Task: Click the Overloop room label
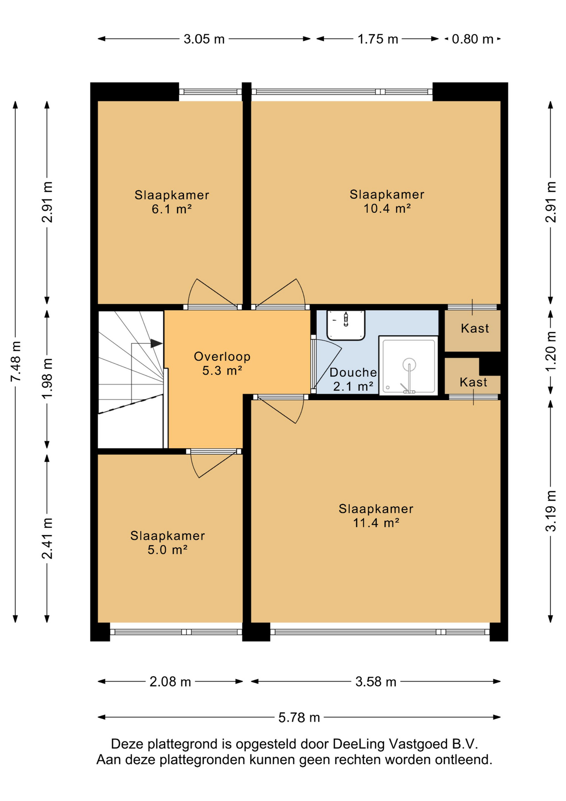pos(222,357)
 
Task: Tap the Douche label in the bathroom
pos(353,373)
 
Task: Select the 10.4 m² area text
pos(387,208)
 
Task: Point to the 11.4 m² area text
pos(376,523)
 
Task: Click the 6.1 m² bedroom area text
pos(172,209)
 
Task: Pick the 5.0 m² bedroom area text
pos(168,550)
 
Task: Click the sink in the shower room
pos(346,325)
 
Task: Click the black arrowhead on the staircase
pos(156,343)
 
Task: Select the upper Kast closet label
pos(475,329)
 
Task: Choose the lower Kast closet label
pos(473,383)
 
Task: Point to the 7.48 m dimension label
pos(15,361)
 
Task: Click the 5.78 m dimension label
pos(299,718)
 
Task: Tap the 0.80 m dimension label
pos(473,39)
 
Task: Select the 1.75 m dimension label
pos(378,39)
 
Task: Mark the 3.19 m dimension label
pos(551,511)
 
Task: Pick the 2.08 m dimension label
pos(170,682)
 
